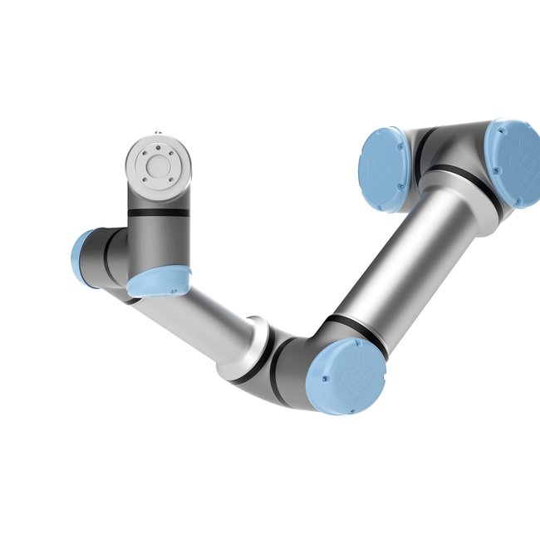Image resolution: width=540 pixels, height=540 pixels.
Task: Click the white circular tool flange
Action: pyautogui.click(x=158, y=164)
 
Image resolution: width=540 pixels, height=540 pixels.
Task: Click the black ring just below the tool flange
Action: pyautogui.click(x=158, y=213)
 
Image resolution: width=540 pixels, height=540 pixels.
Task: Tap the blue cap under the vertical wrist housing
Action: pyautogui.click(x=159, y=282)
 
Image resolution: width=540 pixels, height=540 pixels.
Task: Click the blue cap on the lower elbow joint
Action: pyautogui.click(x=345, y=376)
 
